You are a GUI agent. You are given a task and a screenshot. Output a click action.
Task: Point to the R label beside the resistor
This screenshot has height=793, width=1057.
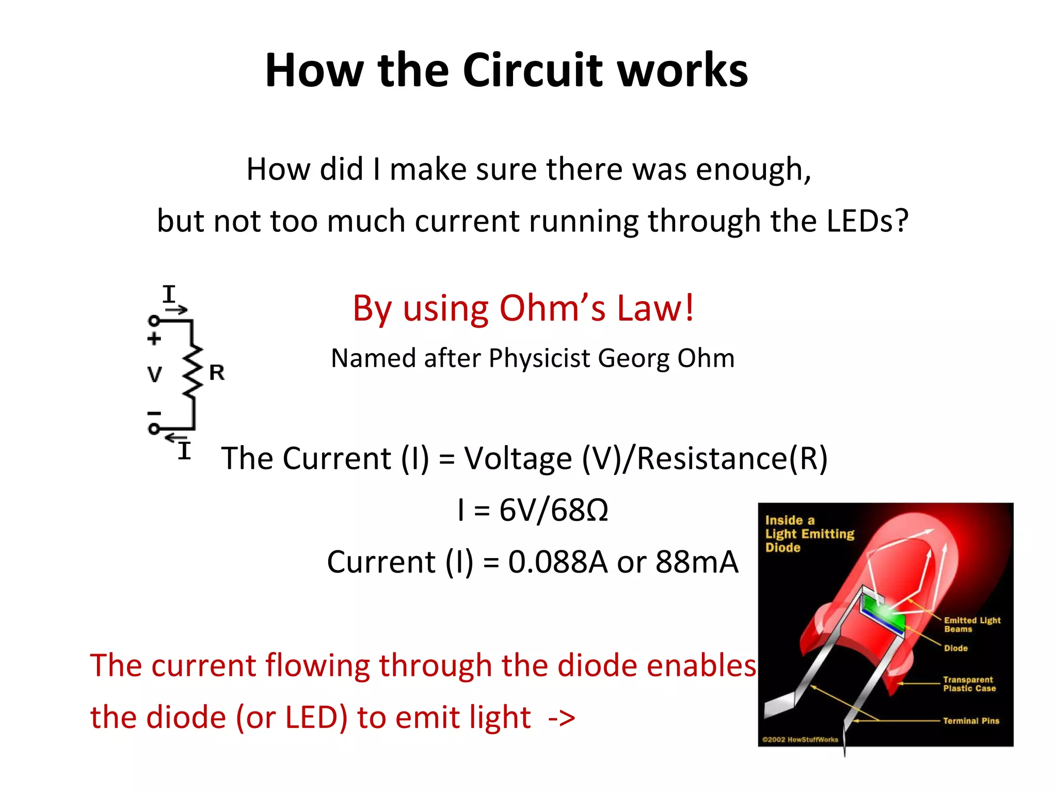(217, 373)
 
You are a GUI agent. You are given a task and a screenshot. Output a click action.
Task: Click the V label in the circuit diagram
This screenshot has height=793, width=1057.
(154, 374)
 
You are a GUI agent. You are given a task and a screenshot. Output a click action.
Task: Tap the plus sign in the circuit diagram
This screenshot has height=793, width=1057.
(154, 339)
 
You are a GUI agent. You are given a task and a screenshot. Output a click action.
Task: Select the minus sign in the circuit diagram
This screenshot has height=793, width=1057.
(154, 413)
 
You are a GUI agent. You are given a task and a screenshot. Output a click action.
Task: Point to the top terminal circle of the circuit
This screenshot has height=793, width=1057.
(154, 321)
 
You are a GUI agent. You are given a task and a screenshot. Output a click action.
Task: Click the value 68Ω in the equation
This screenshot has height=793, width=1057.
(580, 510)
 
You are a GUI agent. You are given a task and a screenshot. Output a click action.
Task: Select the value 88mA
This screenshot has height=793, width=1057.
(697, 562)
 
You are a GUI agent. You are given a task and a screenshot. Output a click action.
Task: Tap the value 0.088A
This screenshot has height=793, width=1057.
(558, 562)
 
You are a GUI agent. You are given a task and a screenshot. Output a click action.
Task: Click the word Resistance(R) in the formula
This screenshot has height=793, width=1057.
(732, 458)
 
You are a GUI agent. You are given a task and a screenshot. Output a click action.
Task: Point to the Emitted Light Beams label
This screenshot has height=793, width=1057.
(972, 624)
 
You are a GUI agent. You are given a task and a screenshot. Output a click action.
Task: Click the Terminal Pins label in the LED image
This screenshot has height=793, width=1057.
(971, 721)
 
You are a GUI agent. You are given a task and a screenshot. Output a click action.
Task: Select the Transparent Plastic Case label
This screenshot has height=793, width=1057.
(969, 684)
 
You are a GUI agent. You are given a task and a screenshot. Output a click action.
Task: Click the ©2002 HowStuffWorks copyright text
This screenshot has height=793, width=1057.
(800, 739)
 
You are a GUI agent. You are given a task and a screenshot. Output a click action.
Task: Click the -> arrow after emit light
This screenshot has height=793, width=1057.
(561, 718)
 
